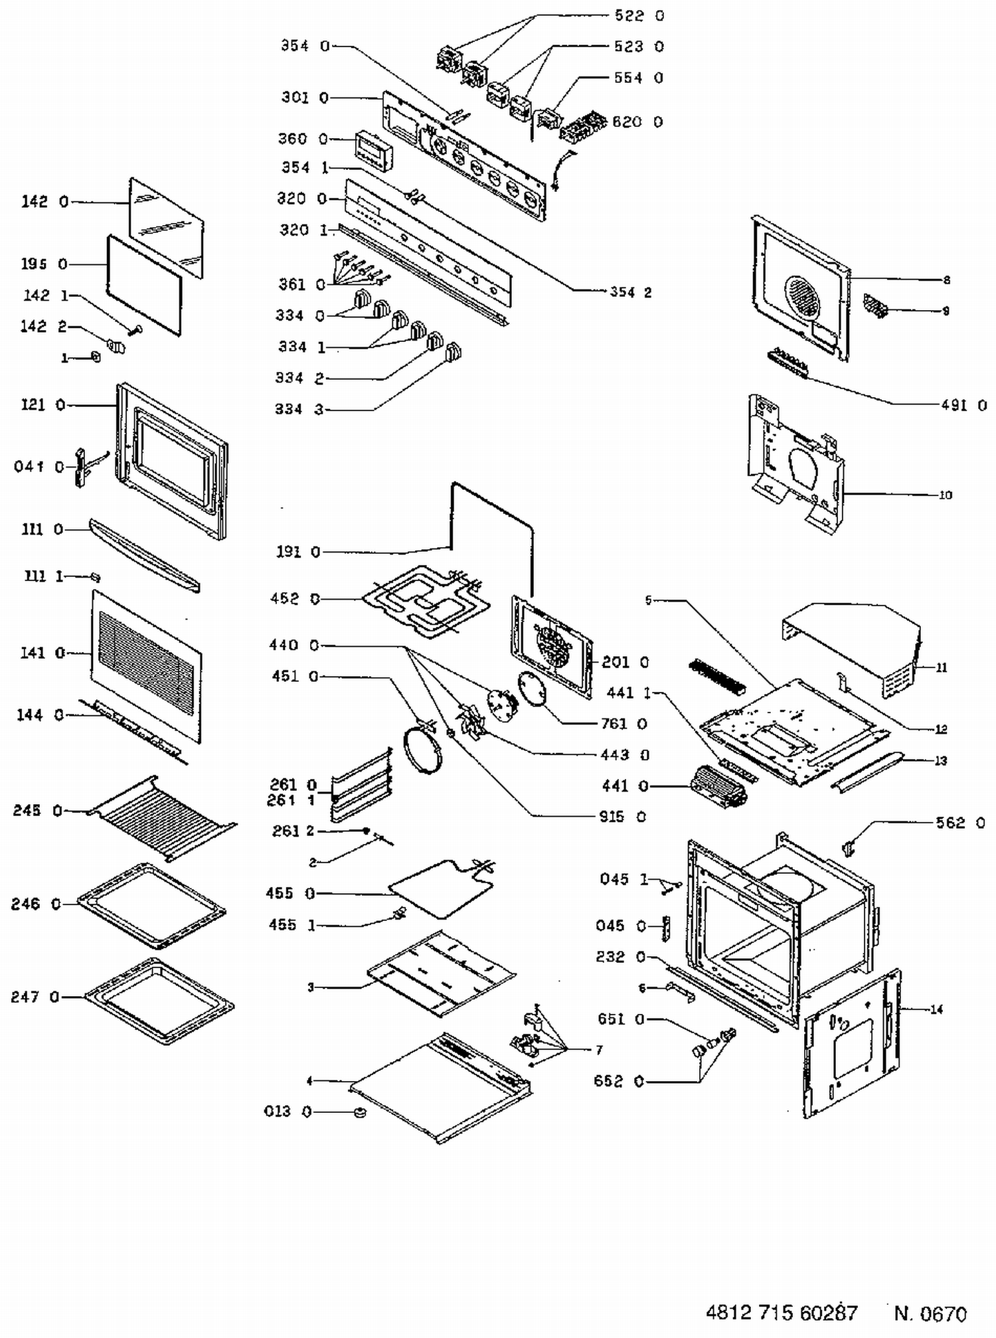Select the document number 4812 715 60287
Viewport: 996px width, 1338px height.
(x=781, y=1313)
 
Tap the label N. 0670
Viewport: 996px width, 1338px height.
(x=930, y=1313)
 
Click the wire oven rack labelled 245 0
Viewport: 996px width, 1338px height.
(x=163, y=817)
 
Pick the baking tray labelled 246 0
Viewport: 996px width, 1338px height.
(x=151, y=905)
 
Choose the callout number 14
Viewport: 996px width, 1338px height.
(x=936, y=1009)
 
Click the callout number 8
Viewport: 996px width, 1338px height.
(x=946, y=280)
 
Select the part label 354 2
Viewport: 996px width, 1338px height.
(x=630, y=292)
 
